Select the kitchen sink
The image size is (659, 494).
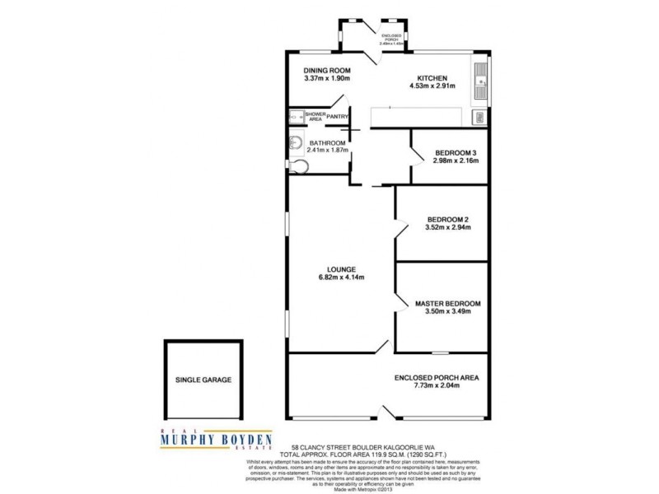[x=480, y=79]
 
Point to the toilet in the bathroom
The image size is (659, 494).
[x=299, y=168]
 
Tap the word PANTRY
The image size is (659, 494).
[x=337, y=117]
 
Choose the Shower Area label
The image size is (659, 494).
[x=315, y=117]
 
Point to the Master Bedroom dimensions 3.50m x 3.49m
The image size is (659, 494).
[x=447, y=312]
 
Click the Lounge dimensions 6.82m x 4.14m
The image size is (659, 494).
[x=340, y=277]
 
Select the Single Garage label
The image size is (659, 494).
[x=203, y=380]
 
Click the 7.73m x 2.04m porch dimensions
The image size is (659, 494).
[x=437, y=387]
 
